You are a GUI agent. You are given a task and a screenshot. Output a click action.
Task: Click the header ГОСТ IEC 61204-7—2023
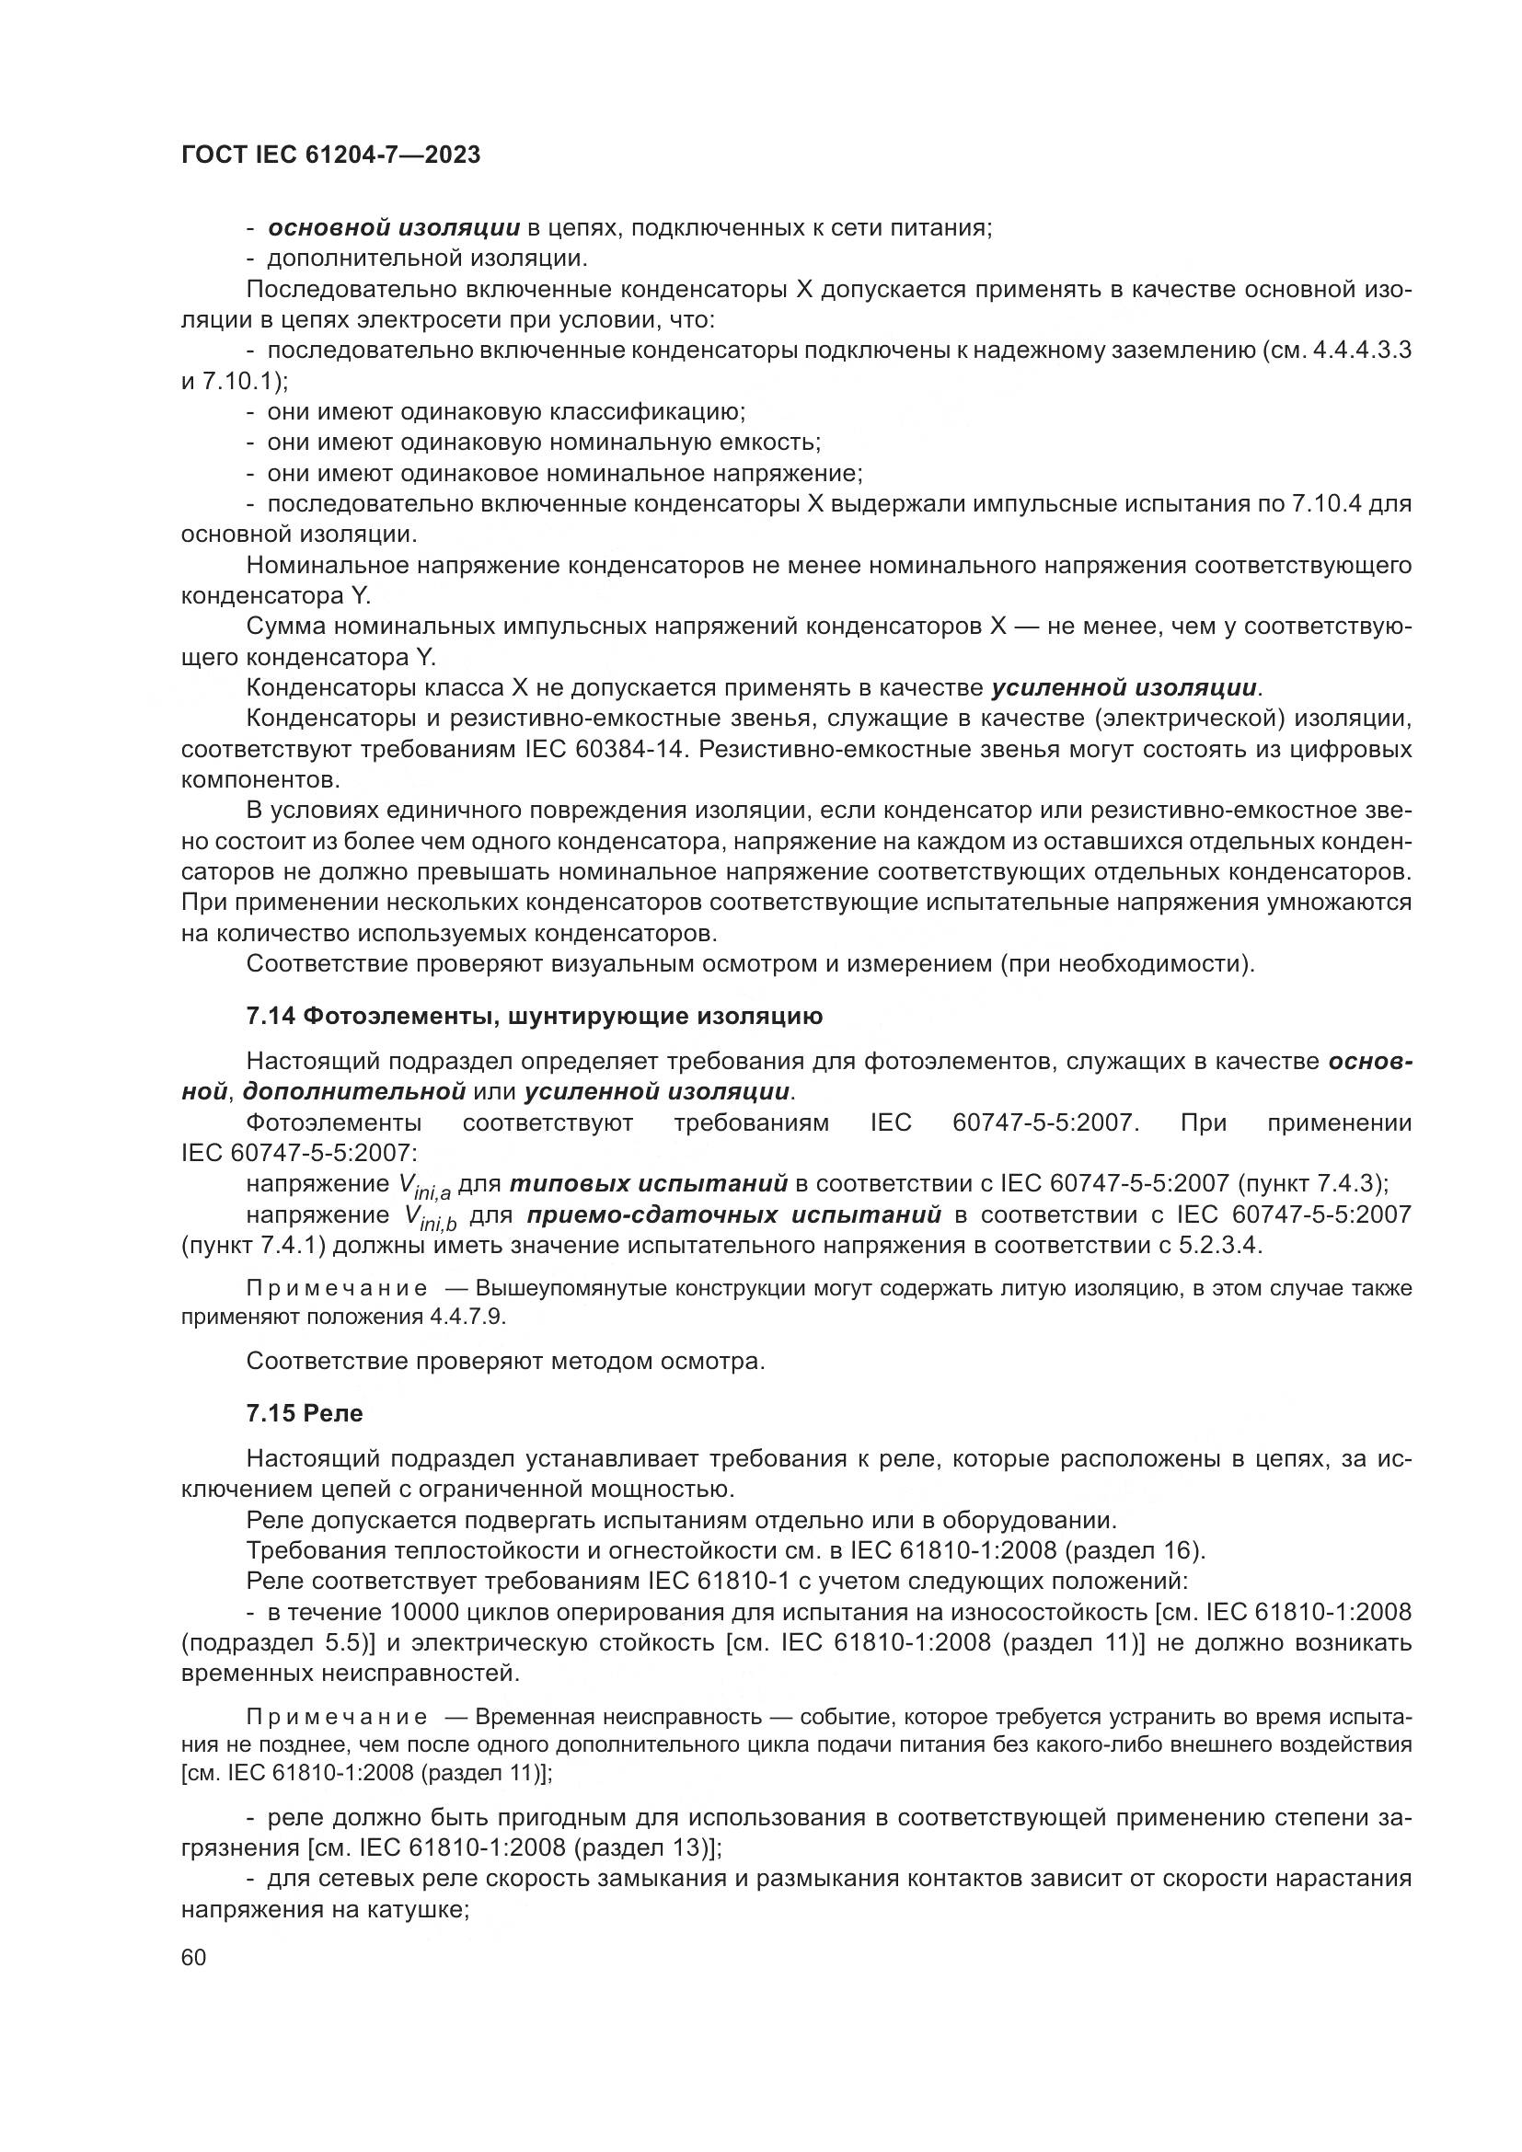click(x=330, y=155)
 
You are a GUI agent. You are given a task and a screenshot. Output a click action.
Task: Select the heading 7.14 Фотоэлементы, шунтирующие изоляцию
click(x=535, y=1016)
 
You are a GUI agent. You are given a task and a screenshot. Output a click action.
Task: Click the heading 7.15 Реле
click(x=304, y=1413)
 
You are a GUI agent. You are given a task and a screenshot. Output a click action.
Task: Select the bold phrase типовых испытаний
click(x=649, y=1184)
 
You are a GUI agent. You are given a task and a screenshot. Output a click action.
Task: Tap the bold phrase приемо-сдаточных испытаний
click(x=732, y=1214)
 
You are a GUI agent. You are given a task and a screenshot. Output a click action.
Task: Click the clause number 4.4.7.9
click(x=467, y=1316)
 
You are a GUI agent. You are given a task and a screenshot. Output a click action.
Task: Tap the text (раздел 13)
click(x=647, y=1848)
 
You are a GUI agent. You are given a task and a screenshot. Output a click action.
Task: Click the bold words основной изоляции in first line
click(x=394, y=228)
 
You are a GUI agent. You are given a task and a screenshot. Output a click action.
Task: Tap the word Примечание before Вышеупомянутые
click(x=337, y=1289)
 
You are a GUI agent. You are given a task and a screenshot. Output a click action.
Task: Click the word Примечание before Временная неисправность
click(x=337, y=1717)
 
